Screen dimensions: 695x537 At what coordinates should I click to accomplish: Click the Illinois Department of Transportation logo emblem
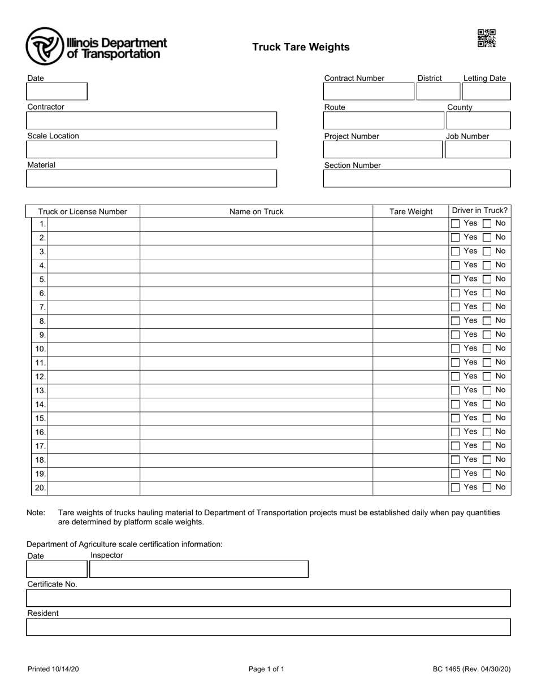pos(45,46)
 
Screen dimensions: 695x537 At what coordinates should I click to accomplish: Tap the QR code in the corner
pos(486,38)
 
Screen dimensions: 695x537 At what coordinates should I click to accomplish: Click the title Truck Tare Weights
pos(301,47)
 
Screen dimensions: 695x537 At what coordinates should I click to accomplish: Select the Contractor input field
pos(151,120)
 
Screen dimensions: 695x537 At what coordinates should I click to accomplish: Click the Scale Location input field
pos(151,149)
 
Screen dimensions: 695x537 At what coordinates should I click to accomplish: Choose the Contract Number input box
pos(368,92)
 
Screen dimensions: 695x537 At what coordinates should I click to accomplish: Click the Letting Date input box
pos(486,92)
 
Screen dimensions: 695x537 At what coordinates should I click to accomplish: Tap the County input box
pos(478,120)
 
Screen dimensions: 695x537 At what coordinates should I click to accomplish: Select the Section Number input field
pos(417,179)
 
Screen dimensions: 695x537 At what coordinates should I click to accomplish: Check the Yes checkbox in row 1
pos(456,224)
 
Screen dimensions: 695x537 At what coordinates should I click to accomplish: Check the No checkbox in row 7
pos(487,307)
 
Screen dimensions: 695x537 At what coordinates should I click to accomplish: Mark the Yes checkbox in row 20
pos(456,488)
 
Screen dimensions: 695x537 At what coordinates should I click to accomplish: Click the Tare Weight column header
pos(411,212)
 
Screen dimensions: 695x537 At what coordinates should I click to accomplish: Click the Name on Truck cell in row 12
pos(256,376)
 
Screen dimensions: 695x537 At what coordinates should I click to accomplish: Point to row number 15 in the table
pos(40,418)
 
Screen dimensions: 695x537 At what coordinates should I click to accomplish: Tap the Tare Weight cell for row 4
pos(410,265)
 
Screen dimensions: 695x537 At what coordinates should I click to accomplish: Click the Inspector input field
pos(199,569)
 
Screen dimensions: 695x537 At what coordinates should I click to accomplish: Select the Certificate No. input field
pos(268,598)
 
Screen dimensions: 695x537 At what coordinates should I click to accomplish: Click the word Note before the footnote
pos(36,513)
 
